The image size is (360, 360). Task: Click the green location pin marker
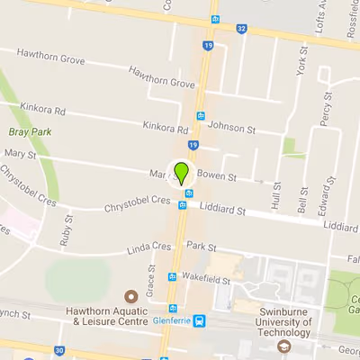point(183,172)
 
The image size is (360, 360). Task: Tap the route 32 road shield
point(241,28)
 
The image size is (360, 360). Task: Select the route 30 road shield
point(58,349)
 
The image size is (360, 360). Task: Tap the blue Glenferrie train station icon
point(199,319)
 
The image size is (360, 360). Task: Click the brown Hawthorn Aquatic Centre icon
point(130,295)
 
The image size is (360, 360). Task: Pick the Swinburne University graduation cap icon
point(284,346)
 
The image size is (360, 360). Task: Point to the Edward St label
point(325,197)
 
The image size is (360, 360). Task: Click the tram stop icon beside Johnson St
point(201,116)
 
